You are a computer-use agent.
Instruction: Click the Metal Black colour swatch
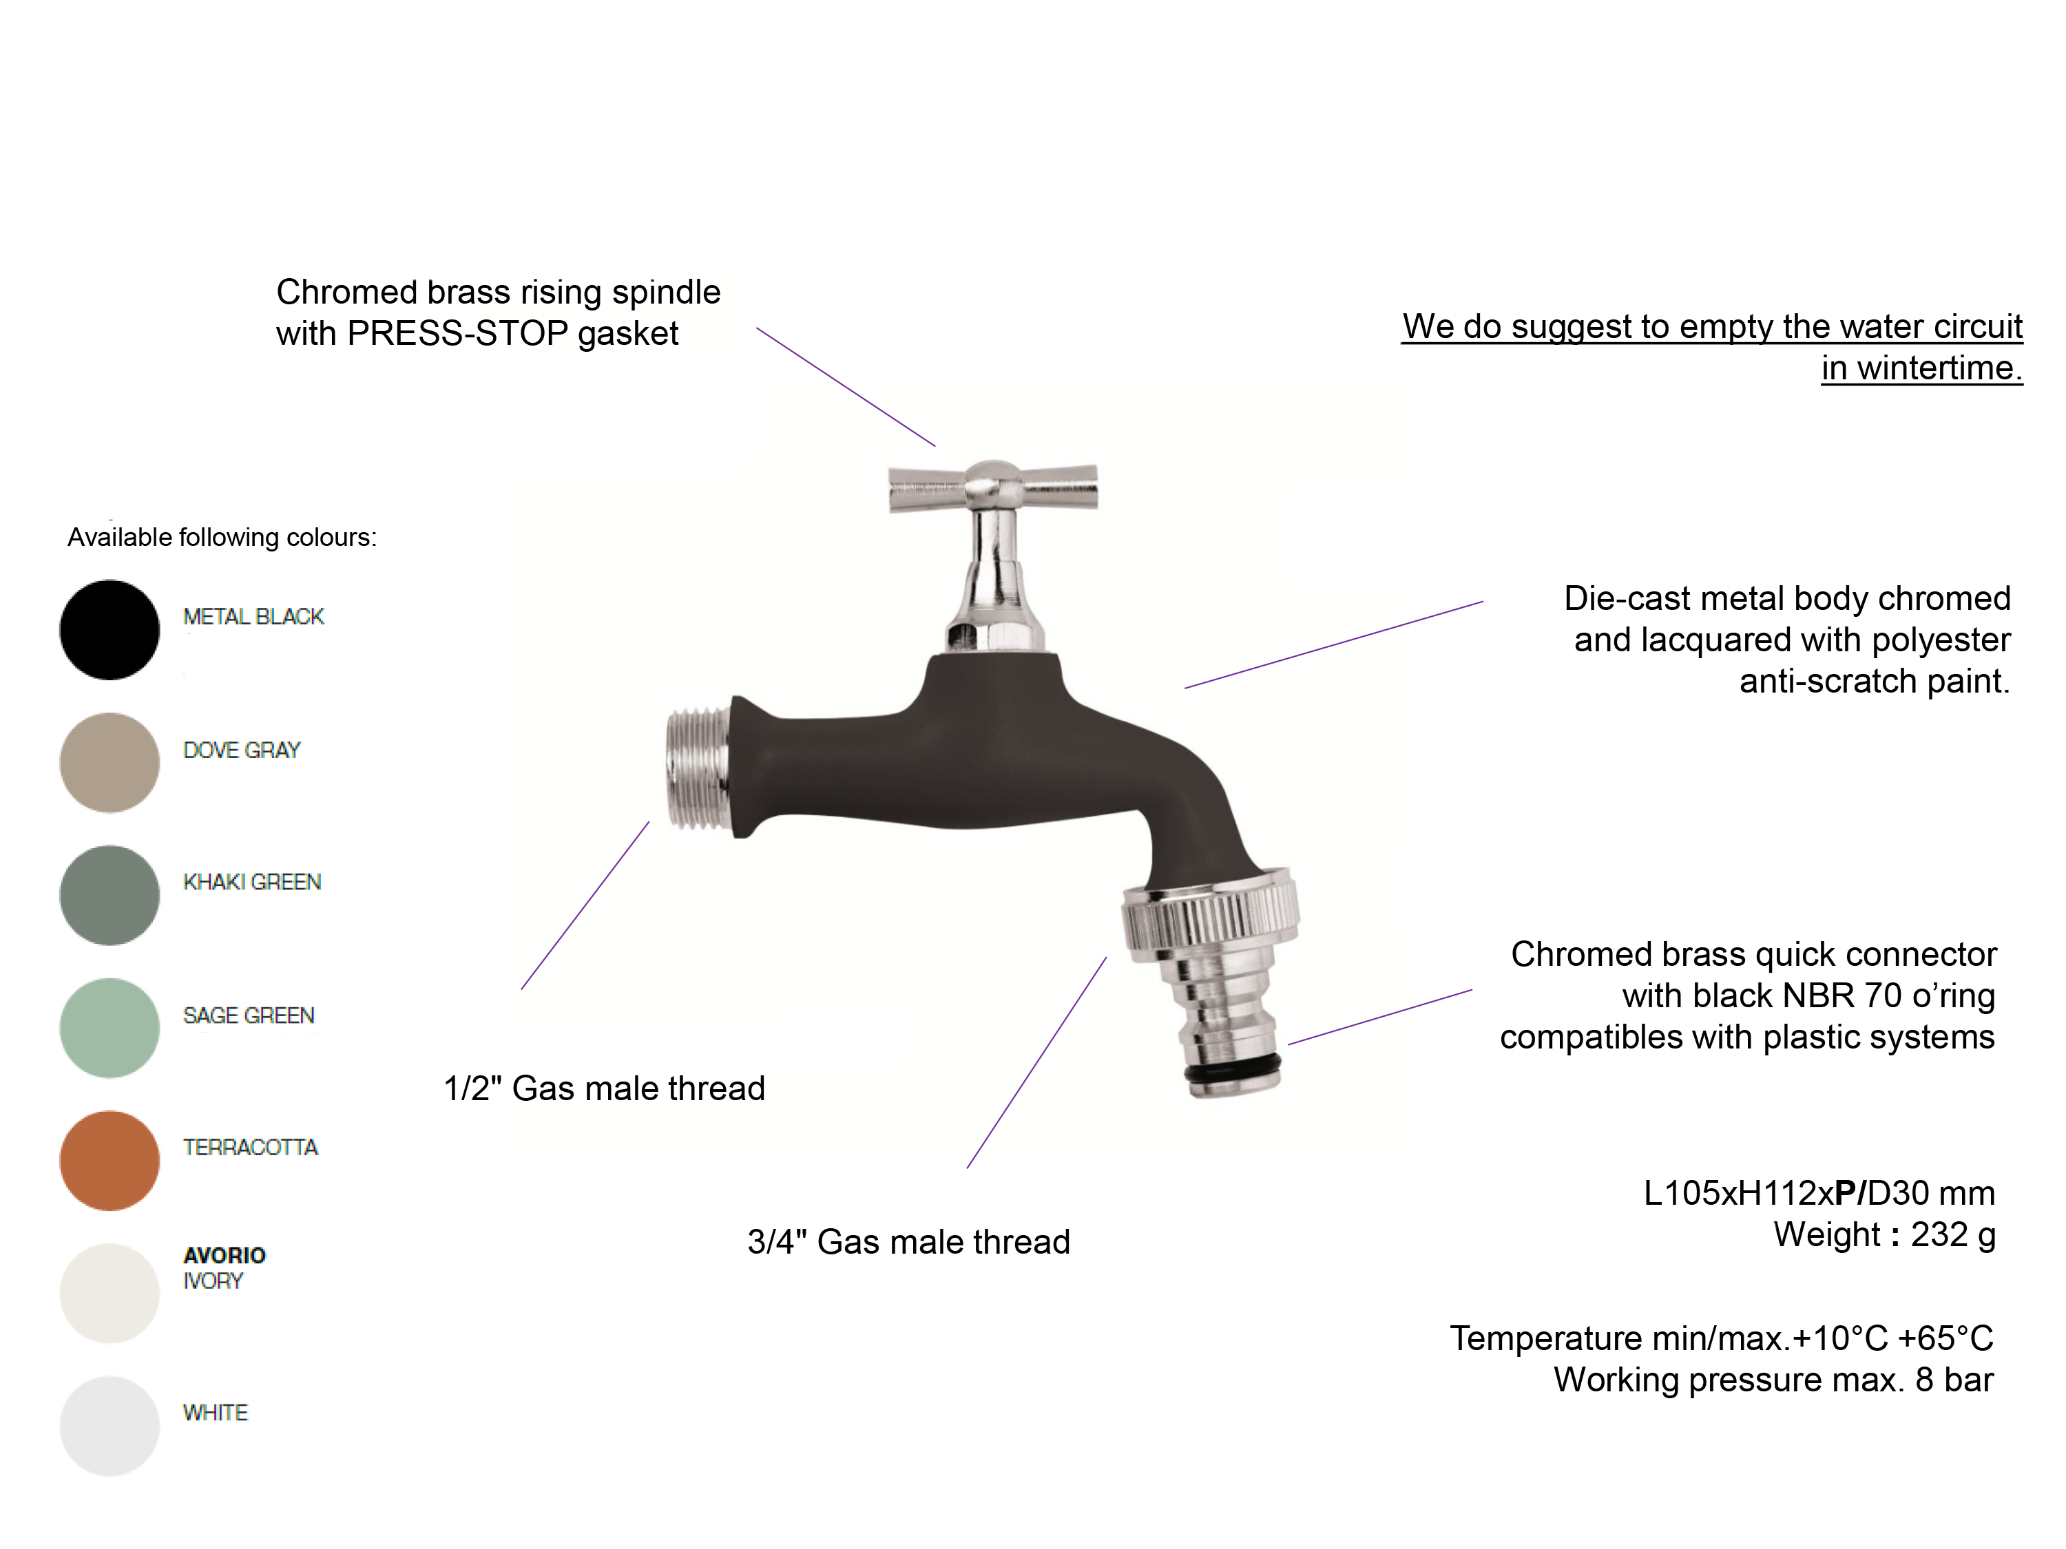[109, 630]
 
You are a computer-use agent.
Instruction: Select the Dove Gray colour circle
[109, 763]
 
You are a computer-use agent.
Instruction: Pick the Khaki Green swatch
[109, 896]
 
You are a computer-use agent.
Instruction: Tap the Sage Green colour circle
[109, 1028]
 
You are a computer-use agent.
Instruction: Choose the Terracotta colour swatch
[109, 1161]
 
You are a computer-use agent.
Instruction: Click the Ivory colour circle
[109, 1293]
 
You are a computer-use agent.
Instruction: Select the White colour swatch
[109, 1426]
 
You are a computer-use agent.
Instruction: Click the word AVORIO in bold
[224, 1255]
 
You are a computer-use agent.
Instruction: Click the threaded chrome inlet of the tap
[698, 768]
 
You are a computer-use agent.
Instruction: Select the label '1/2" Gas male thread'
[604, 1088]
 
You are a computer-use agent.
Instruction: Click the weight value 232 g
[1953, 1235]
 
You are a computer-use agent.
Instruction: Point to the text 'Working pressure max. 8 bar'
[1773, 1380]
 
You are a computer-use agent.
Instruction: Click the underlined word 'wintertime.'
[1922, 368]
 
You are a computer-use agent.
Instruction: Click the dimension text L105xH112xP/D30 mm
[1819, 1193]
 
